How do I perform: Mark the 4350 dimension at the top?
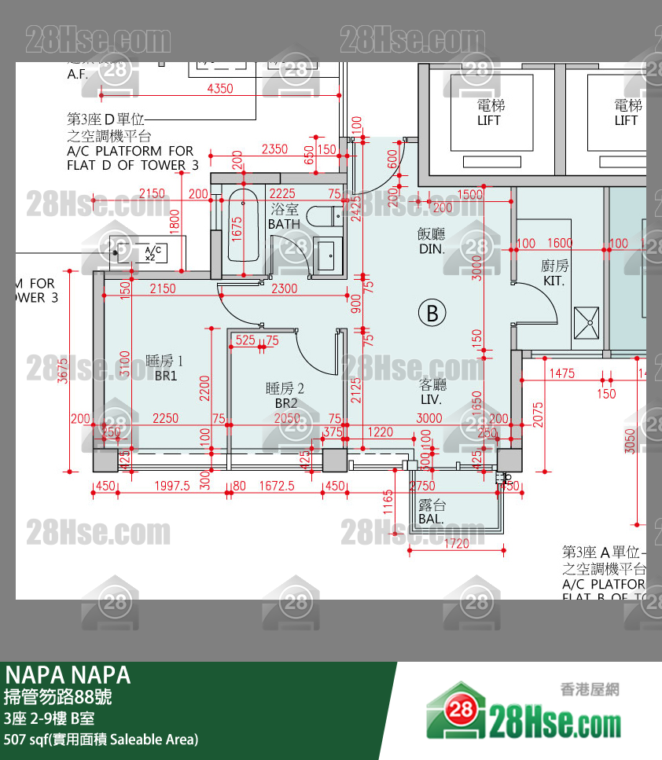pyautogui.click(x=220, y=89)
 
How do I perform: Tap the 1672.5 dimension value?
pyautogui.click(x=276, y=486)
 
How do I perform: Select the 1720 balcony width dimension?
pyautogui.click(x=456, y=543)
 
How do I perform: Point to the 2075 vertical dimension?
pyautogui.click(x=538, y=413)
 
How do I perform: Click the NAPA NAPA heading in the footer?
pyautogui.click(x=68, y=674)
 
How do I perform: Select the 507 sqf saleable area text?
pyautogui.click(x=101, y=739)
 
